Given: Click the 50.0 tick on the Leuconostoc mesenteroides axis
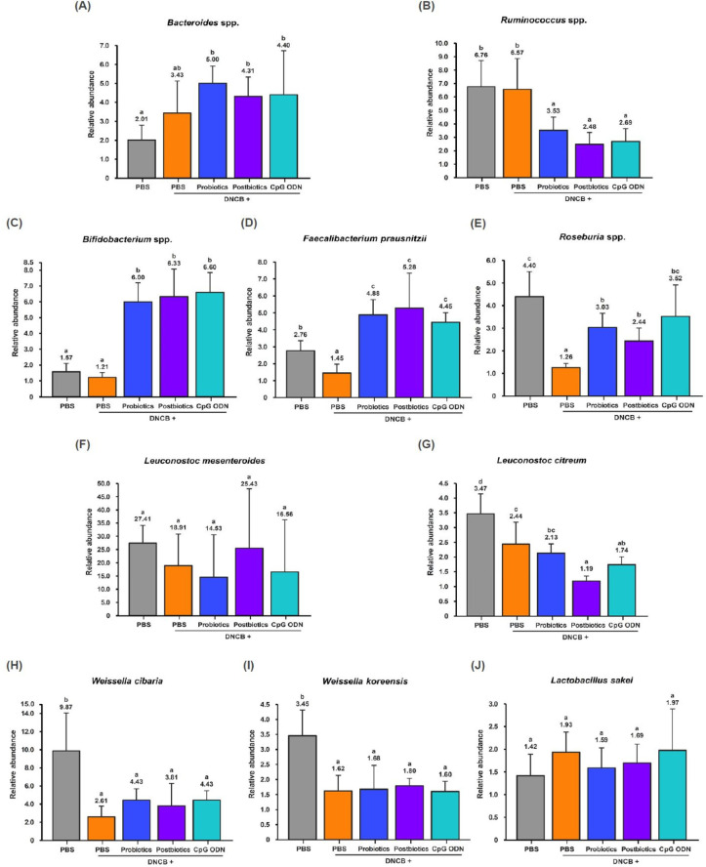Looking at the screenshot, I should pyautogui.click(x=106, y=482).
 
